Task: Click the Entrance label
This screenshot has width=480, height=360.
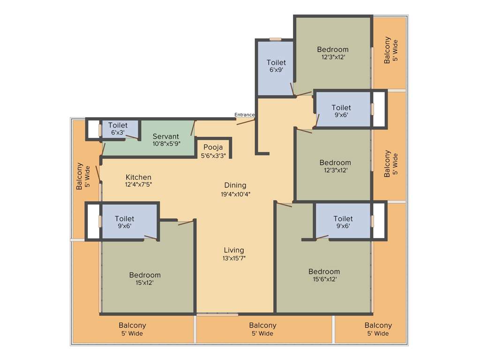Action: point(244,115)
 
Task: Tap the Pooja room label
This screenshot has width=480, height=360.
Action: point(213,147)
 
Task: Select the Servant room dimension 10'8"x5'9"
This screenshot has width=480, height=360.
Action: point(166,144)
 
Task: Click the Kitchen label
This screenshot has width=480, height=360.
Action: point(138,177)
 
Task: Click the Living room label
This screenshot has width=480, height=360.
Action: point(233,250)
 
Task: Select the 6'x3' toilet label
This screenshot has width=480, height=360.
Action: point(118,133)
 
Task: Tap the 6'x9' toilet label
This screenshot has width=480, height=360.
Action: point(276,70)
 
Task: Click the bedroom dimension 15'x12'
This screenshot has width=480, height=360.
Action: point(145,283)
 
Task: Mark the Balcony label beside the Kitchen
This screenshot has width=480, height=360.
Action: point(79,176)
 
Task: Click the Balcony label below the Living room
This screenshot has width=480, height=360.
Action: point(262,325)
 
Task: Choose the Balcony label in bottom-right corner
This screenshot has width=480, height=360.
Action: point(378,325)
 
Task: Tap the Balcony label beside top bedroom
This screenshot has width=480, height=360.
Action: point(387,50)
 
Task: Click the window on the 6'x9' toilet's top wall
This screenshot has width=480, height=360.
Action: point(275,40)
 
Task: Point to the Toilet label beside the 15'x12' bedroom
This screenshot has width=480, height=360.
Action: point(124,218)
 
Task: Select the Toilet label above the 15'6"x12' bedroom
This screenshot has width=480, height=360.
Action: point(343,218)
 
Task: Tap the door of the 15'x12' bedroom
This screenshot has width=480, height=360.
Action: point(186,222)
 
